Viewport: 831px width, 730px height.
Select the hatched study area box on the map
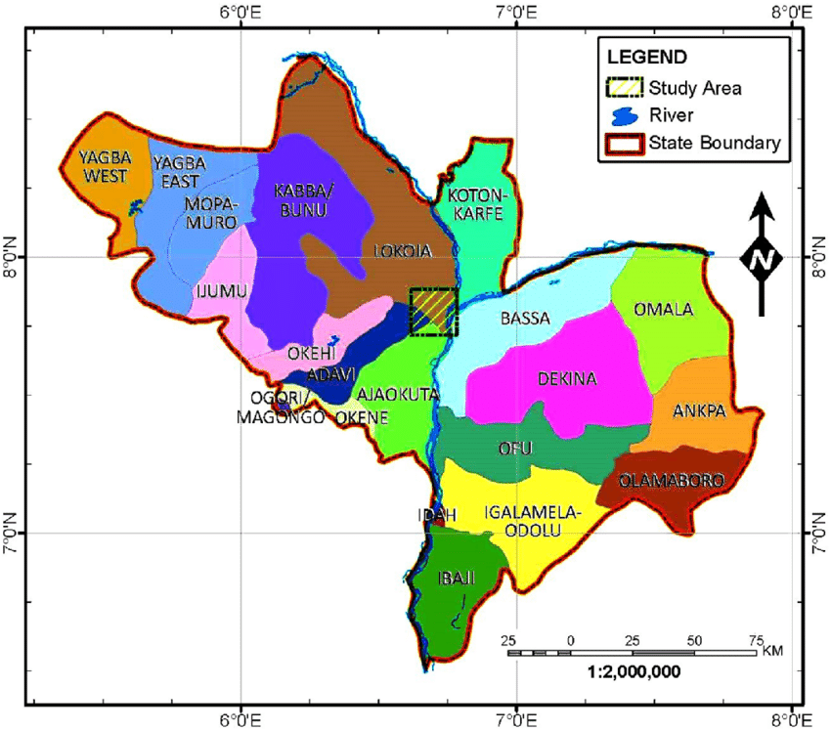(433, 312)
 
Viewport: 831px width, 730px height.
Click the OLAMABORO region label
(674, 480)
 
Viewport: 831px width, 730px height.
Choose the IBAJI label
(453, 579)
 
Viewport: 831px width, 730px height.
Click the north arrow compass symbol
(762, 256)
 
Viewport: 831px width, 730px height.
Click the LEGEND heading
(646, 57)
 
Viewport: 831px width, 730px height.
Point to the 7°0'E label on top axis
(515, 14)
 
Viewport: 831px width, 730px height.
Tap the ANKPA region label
(699, 411)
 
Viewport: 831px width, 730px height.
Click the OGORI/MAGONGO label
(279, 407)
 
